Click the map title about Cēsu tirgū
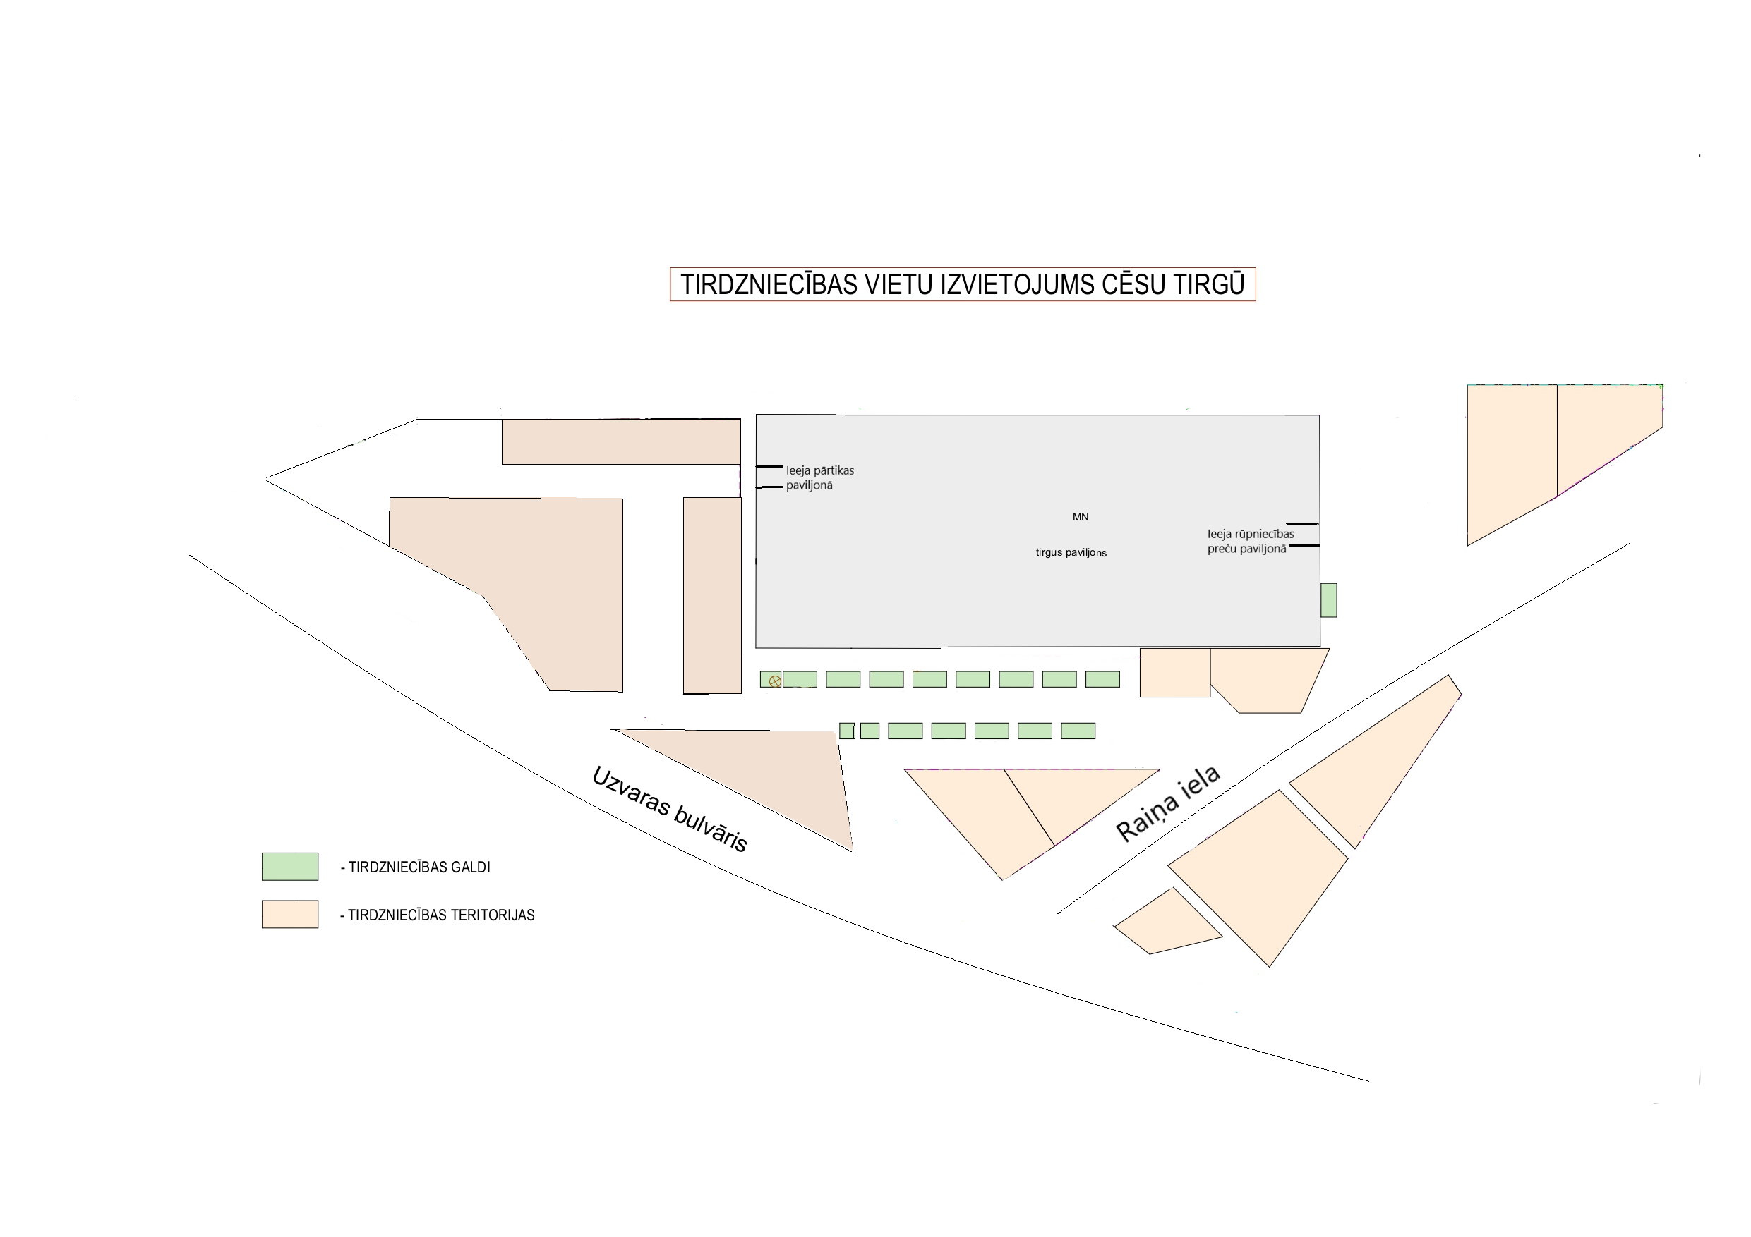click(963, 284)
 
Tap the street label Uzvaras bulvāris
click(670, 809)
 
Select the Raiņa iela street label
click(1167, 804)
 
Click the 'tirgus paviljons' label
click(1071, 553)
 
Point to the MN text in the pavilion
click(1081, 517)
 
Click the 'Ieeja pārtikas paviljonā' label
click(820, 478)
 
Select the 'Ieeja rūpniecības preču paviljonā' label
click(1250, 541)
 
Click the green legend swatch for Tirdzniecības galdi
click(290, 867)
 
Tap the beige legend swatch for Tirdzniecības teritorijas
click(290, 915)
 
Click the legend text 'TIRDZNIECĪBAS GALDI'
click(416, 867)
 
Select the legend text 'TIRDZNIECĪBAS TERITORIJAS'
click(438, 915)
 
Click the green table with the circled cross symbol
click(770, 679)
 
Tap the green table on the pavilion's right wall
click(1328, 600)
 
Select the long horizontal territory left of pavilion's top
click(621, 441)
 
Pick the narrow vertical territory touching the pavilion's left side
click(712, 595)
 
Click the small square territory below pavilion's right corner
click(1174, 673)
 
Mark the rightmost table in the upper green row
click(1103, 679)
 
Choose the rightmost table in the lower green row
click(1078, 731)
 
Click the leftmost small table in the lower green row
click(846, 731)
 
